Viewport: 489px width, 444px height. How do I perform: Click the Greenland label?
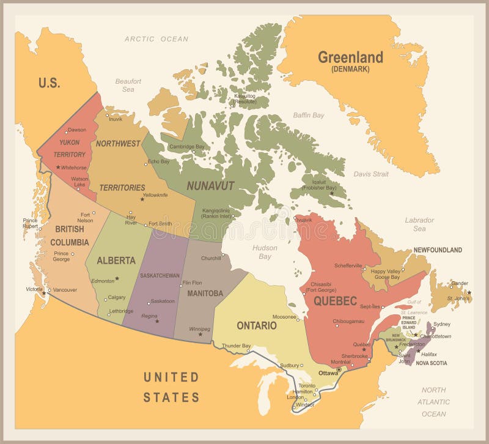[x=350, y=58]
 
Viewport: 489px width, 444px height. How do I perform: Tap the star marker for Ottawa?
[x=339, y=369]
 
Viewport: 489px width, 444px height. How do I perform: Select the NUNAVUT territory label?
[x=210, y=185]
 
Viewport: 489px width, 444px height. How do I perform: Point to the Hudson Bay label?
[x=265, y=252]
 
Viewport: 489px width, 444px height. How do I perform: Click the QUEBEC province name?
[x=335, y=300]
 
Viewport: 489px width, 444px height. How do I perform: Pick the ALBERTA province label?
[x=116, y=261]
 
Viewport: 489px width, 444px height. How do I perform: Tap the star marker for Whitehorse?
[x=58, y=167]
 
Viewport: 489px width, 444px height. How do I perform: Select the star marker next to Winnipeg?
[x=200, y=334]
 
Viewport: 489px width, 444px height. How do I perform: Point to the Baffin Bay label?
[x=309, y=115]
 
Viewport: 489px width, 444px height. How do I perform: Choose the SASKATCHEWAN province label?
[x=160, y=276]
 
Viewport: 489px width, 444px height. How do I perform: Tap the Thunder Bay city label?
[x=237, y=346]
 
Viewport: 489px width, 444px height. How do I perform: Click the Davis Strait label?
[x=371, y=174]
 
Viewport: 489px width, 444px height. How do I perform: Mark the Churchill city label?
[x=211, y=258]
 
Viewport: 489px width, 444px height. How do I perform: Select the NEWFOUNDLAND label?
[x=438, y=250]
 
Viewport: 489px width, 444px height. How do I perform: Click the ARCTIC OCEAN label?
[x=156, y=39]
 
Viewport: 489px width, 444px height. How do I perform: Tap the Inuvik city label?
[x=116, y=119]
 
